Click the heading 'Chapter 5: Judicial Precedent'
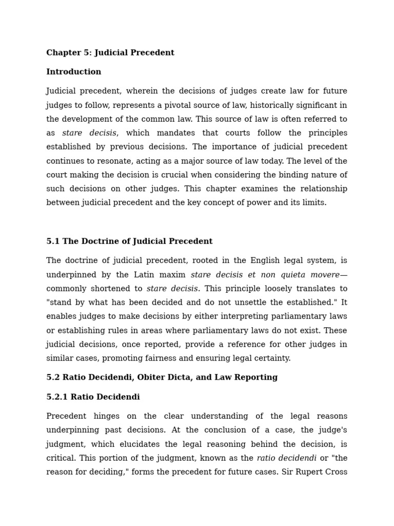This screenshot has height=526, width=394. (110, 53)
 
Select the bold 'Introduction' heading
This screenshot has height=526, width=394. (74, 72)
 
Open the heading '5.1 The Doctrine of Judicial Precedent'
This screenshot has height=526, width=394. (129, 241)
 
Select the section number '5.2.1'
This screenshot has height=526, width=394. (57, 397)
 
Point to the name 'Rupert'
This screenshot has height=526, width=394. (309, 472)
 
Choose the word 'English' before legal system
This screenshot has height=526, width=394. (220, 261)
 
